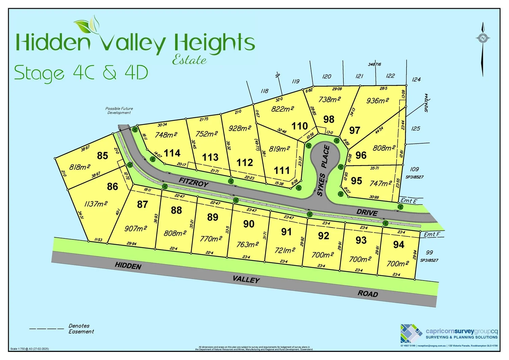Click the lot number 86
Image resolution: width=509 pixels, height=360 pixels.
tap(112, 186)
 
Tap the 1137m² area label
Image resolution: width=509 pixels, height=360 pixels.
tap(96, 204)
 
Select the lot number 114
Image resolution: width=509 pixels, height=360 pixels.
tap(172, 153)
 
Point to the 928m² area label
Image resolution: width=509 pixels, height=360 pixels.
tap(240, 128)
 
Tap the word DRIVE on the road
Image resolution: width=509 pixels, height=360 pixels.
tap(367, 213)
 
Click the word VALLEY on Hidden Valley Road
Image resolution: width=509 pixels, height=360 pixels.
tap(246, 279)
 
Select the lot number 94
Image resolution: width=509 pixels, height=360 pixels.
tap(398, 245)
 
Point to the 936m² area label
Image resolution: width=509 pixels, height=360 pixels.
tap(377, 101)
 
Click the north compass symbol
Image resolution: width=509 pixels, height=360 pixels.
tap(483, 38)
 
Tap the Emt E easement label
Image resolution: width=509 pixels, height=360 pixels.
tap(408, 201)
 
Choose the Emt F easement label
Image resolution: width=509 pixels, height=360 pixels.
tap(432, 234)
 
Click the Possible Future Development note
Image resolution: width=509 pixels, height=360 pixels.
tap(119, 111)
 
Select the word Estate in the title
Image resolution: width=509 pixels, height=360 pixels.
tap(189, 60)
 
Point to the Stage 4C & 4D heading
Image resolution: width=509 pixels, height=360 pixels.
tap(81, 73)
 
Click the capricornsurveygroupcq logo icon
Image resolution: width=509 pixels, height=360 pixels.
tap(411, 333)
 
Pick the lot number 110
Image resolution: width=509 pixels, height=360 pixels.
tap(300, 126)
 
